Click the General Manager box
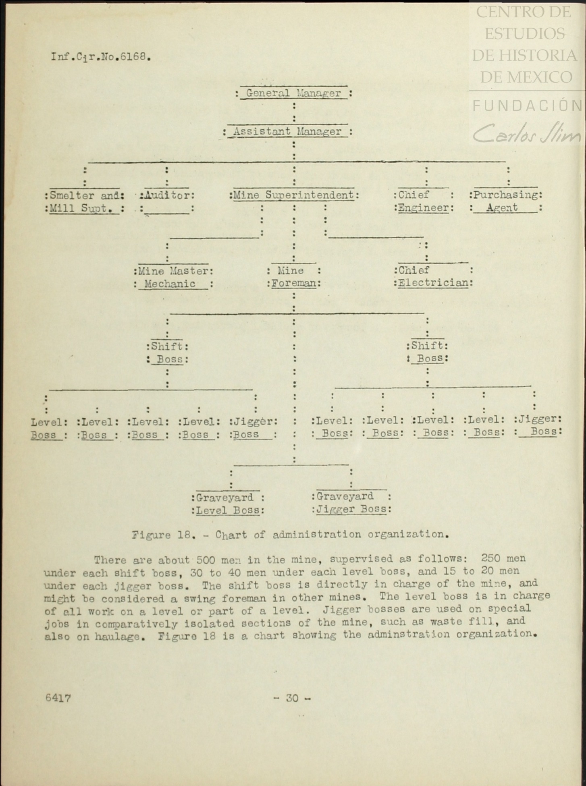click(293, 93)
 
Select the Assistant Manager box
click(287, 132)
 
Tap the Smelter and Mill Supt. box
click(85, 202)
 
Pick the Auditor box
click(167, 201)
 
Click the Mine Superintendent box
click(294, 195)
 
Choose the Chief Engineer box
click(424, 201)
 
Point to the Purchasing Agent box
click(506, 201)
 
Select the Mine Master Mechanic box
click(173, 277)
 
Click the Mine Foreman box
click(294, 277)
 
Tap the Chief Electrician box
click(433, 276)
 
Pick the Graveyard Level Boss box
click(228, 504)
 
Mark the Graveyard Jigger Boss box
click(351, 503)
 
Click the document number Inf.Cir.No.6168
click(101, 57)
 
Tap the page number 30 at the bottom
click(292, 698)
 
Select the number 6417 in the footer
click(58, 698)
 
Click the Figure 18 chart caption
click(290, 535)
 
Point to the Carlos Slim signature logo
click(527, 133)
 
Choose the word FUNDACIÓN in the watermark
click(527, 106)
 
